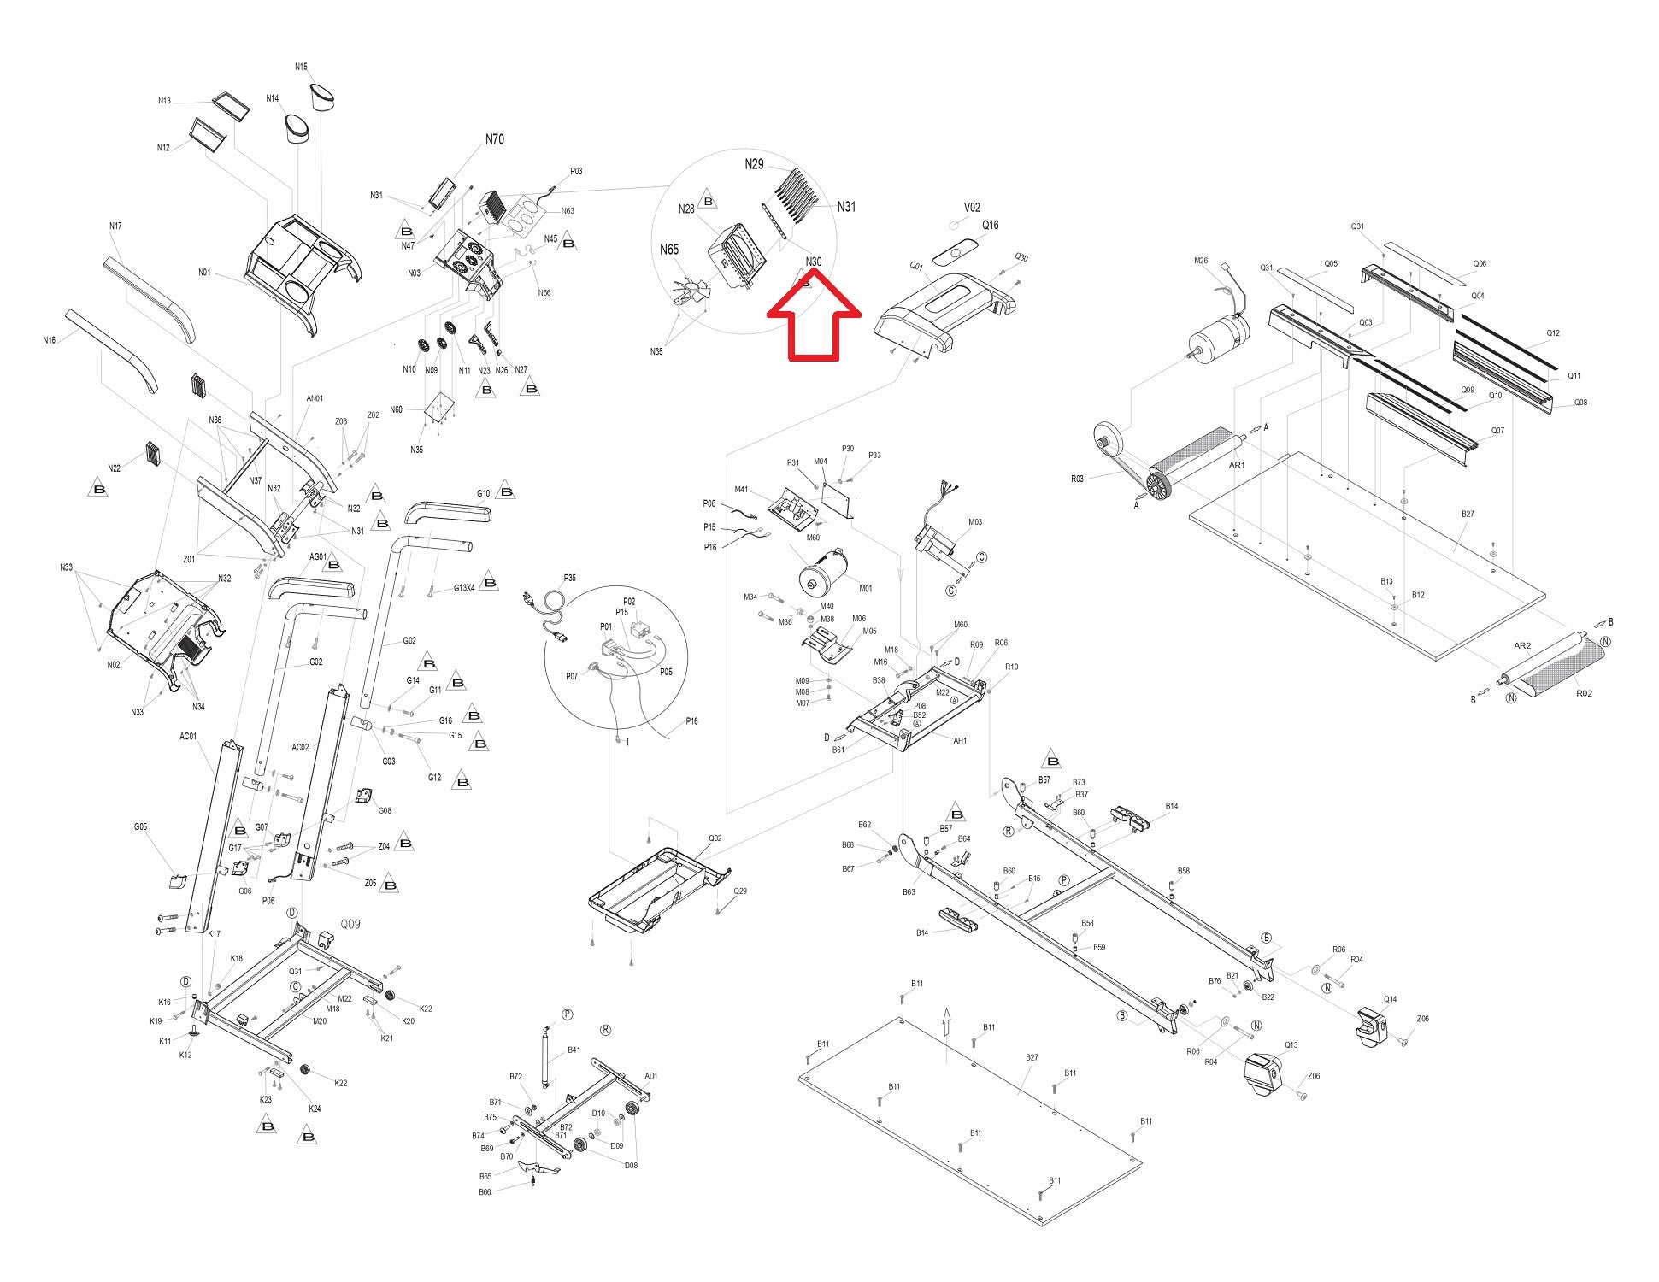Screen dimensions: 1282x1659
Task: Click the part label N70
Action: click(x=494, y=139)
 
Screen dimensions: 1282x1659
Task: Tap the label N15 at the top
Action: click(x=301, y=67)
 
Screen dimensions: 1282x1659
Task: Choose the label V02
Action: click(x=972, y=207)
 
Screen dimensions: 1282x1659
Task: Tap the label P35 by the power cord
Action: click(x=570, y=578)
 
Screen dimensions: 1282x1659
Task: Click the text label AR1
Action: click(x=1237, y=466)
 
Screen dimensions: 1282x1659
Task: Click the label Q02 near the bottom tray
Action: click(x=715, y=838)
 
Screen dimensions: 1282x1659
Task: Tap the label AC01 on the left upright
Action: click(x=188, y=736)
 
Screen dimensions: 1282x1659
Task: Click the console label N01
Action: click(x=204, y=273)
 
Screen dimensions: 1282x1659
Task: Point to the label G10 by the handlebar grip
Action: click(x=484, y=493)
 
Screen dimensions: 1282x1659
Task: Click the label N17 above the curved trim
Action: click(x=115, y=226)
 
